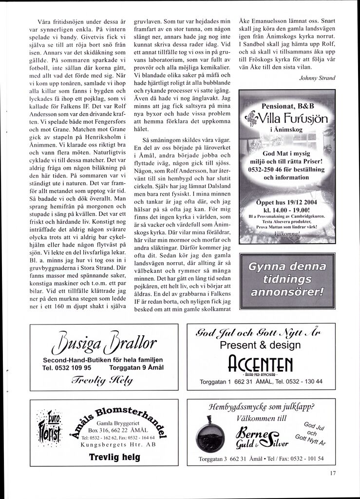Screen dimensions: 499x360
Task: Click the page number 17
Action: [x=332, y=472]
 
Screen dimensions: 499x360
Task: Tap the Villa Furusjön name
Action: [x=290, y=118]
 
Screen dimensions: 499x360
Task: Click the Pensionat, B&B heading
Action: [x=288, y=105]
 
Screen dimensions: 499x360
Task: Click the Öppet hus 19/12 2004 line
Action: [x=287, y=201]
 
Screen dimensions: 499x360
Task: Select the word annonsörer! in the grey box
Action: [x=286, y=292]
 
